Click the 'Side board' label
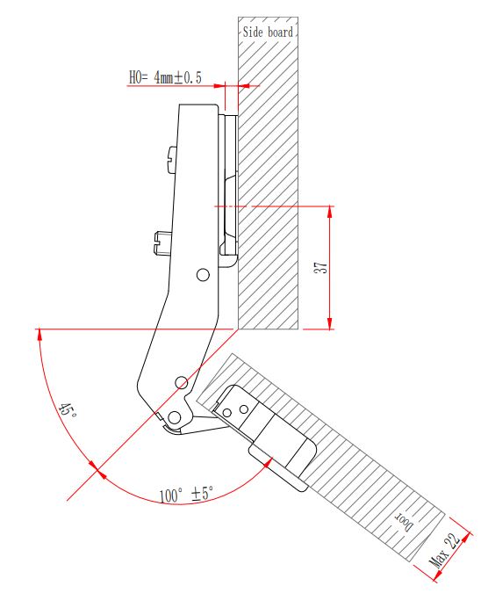coord(268,33)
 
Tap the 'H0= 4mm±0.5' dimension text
coord(166,77)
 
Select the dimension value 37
coord(321,268)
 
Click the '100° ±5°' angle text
coord(186,495)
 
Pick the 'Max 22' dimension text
coord(445,550)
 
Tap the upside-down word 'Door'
coord(404,522)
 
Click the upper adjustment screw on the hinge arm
coord(171,160)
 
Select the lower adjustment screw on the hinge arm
coord(162,242)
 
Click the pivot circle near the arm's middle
coord(204,275)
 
